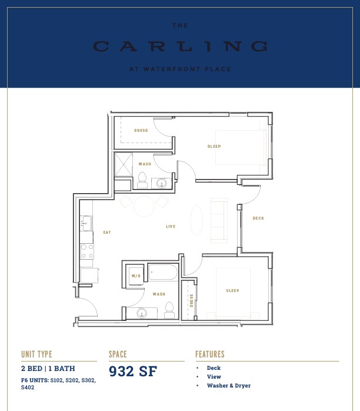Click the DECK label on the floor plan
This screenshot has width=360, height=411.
point(258,218)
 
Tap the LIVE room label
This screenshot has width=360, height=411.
point(171,227)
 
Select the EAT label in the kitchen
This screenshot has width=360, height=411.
point(107,232)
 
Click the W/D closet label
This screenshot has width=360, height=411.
point(136,276)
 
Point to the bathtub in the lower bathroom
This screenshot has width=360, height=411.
point(163,273)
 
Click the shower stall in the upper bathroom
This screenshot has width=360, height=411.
point(124,164)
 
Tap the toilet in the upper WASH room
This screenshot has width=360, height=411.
point(142,180)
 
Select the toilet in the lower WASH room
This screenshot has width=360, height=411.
point(169,310)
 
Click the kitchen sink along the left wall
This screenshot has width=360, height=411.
point(86,223)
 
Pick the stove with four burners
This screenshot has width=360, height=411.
point(87,251)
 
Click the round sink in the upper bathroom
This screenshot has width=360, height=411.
point(162,183)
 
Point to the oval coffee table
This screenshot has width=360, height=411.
point(196,220)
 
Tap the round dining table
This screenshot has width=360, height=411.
point(144,206)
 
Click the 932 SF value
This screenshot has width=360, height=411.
point(133,372)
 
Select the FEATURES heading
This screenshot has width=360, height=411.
point(210,354)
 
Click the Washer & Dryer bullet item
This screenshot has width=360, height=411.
point(229,386)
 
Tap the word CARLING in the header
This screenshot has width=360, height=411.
point(180,47)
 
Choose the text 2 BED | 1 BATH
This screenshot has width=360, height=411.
point(48,369)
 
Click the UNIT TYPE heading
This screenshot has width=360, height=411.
point(36,354)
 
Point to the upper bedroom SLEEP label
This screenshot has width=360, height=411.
point(214,146)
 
